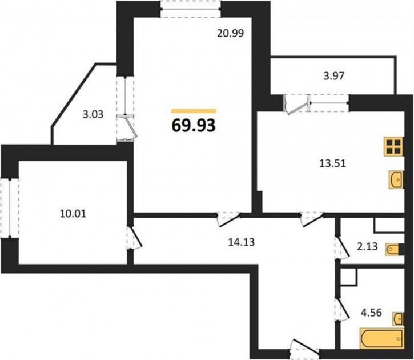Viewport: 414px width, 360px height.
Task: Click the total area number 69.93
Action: (194, 126)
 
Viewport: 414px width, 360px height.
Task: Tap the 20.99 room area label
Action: (230, 33)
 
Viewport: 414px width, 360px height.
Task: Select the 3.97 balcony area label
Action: (333, 76)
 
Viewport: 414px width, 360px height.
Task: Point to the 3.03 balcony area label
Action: (93, 115)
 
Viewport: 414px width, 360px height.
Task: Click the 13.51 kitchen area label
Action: (333, 163)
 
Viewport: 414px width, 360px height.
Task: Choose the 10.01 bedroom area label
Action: (73, 213)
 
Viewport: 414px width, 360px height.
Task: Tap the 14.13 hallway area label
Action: (242, 242)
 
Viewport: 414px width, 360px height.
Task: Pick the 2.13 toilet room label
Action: (367, 247)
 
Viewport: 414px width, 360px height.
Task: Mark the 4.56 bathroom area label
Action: (372, 313)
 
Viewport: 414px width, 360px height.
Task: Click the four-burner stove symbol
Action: (394, 147)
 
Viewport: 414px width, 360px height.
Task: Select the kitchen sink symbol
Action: (396, 179)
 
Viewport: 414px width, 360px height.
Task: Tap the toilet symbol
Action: (393, 249)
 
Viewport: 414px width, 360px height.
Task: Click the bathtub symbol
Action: (383, 339)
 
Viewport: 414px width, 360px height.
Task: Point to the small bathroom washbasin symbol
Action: (399, 319)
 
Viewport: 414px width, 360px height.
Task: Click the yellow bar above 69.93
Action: (194, 111)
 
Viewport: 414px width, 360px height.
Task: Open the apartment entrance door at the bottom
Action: (304, 347)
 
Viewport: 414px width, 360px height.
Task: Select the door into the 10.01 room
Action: (135, 237)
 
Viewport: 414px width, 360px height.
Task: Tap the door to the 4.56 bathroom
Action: (342, 309)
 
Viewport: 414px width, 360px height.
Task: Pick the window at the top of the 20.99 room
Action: (191, 10)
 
